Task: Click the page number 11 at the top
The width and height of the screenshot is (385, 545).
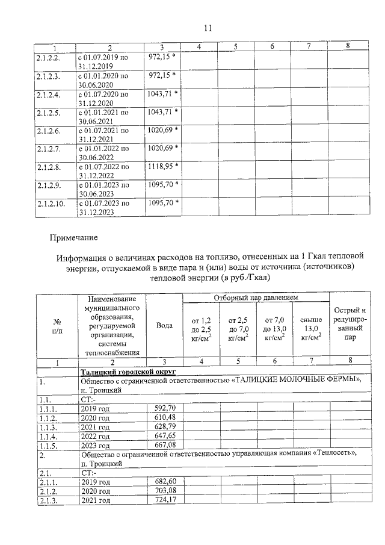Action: coord(208,27)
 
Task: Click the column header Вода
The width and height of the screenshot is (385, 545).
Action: coord(164,325)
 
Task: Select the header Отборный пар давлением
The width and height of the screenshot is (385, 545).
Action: coord(256,299)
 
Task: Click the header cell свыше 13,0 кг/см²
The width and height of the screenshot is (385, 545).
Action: coord(311,329)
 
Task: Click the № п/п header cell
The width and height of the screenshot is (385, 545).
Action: coord(58,325)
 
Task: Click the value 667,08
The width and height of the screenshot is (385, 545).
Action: coord(164,445)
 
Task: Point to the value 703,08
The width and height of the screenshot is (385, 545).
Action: coord(164,491)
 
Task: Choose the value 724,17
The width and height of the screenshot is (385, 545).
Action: coord(164,500)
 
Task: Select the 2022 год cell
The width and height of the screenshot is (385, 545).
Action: coord(96,435)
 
